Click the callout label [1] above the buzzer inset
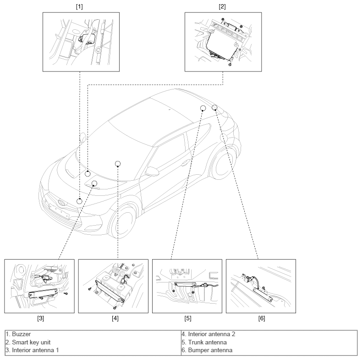pos(79,7)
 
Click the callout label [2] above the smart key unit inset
pos(222,7)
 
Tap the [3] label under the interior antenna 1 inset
pos(41,318)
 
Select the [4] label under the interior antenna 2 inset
pos(115,318)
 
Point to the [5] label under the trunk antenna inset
pos(188,318)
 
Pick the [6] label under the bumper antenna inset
pos(262,318)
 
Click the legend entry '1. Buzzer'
pos(18,334)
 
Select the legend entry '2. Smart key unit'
pos(28,342)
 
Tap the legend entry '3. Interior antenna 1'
pos(33,350)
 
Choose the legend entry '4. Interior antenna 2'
pos(208,334)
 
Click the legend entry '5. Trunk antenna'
pos(204,342)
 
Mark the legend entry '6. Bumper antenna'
pos(207,350)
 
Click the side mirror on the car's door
pos(152,171)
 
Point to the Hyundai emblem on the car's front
pos(62,202)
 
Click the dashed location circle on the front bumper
pos(79,201)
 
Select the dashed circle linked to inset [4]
pos(118,164)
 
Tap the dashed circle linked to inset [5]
pos(203,108)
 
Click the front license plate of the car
pos(59,210)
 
